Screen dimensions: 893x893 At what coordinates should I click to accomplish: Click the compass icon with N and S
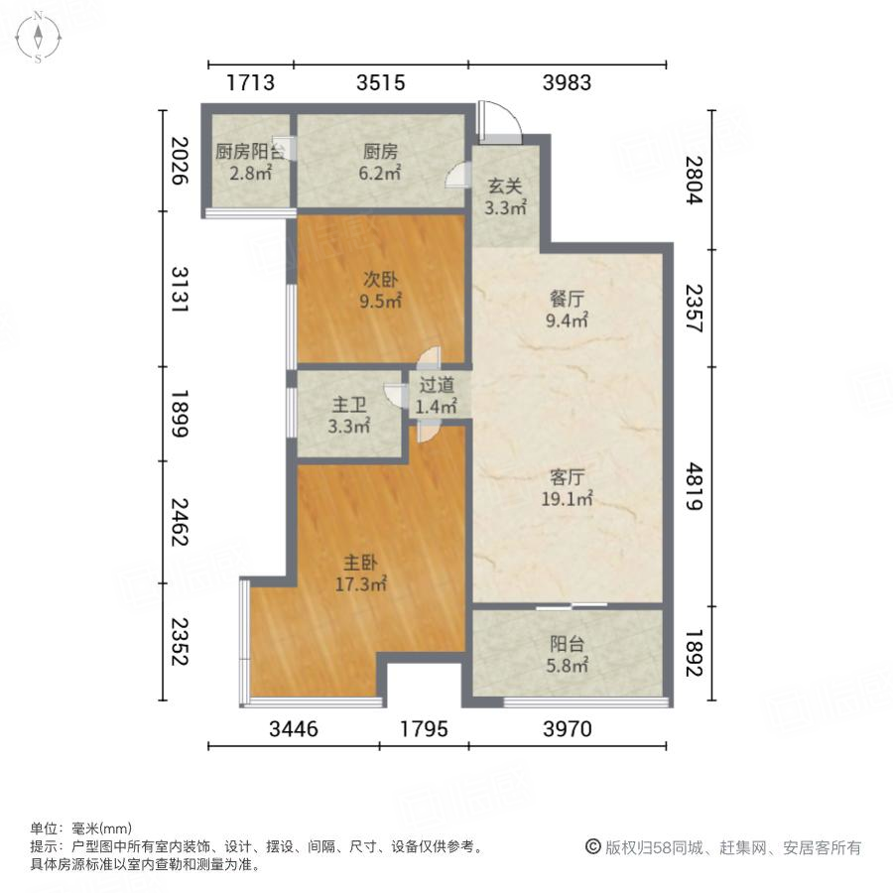(x=38, y=37)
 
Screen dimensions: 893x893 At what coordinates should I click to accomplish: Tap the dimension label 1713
(x=250, y=83)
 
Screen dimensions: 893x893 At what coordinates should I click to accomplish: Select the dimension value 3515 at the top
(x=380, y=83)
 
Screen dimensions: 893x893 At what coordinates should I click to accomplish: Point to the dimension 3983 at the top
(x=567, y=83)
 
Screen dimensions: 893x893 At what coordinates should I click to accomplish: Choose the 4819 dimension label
(x=693, y=485)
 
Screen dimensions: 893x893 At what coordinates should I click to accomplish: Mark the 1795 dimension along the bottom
(x=424, y=729)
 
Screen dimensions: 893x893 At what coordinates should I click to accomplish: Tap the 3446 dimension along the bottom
(x=294, y=729)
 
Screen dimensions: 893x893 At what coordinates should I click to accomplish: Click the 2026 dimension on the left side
(x=180, y=161)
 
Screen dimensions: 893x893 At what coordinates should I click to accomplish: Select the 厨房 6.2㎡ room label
(x=380, y=162)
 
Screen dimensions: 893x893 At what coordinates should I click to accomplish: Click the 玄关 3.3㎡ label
(x=505, y=195)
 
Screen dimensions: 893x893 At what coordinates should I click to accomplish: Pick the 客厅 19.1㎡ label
(x=567, y=487)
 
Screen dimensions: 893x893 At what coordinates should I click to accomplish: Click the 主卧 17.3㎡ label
(x=358, y=573)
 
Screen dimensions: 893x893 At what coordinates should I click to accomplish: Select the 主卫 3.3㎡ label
(x=348, y=416)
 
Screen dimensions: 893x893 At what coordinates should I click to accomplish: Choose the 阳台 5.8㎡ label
(x=567, y=652)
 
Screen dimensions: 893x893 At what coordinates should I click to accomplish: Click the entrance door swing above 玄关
(x=495, y=120)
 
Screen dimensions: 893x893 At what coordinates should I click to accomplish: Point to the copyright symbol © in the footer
(x=593, y=847)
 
